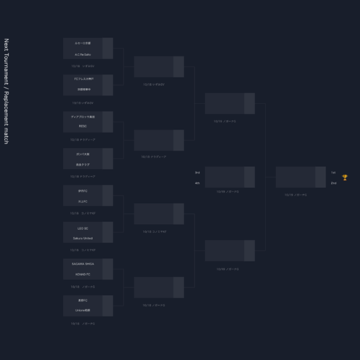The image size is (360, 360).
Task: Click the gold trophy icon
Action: coord(344,177)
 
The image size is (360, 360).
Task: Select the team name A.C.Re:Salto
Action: coord(82,54)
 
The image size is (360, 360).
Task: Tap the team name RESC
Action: coord(82,127)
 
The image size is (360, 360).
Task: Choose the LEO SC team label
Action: coord(82,228)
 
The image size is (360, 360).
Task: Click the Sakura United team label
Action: coord(82,238)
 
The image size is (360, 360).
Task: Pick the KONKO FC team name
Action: coord(82,274)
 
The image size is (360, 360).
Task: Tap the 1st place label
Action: coord(333,173)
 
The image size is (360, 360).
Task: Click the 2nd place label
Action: coord(333,182)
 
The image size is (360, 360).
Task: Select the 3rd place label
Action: coord(197,173)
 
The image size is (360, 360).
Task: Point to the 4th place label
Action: coord(197,182)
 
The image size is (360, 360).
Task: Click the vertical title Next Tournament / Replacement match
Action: coord(7,91)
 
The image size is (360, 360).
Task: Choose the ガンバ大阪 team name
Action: coord(82,154)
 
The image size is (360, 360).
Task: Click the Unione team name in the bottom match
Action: coord(82,310)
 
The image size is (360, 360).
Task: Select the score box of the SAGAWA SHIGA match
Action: coord(107,269)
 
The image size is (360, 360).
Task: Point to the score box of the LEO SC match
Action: coord(107,232)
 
